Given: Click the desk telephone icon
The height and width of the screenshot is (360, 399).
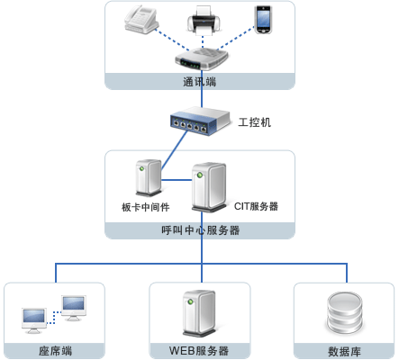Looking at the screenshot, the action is tap(141, 19).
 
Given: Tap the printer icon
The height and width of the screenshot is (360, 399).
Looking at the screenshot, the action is tap(204, 21).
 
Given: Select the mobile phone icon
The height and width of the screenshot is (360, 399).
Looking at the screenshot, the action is tap(263, 20).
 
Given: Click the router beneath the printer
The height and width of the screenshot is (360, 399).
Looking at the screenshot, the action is tap(202, 58).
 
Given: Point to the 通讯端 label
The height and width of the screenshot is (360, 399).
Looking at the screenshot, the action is tap(200, 82).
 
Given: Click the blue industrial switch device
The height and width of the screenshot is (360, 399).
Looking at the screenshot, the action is tap(199, 121).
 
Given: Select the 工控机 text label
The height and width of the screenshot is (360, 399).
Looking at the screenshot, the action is tap(255, 122).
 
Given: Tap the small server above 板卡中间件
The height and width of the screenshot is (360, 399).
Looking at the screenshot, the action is tap(149, 177).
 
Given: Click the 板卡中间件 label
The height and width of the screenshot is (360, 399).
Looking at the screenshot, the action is tap(146, 207).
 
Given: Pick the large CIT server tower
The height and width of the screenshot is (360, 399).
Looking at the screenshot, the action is tap(209, 187).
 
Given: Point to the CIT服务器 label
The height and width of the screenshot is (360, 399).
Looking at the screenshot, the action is tap(256, 206).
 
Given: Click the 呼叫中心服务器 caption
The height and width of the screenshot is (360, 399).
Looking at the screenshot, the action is tap(201, 230).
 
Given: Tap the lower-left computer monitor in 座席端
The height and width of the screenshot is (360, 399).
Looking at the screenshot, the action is tap(34, 320).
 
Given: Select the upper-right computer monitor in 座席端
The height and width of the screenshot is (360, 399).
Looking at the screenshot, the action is tap(74, 308).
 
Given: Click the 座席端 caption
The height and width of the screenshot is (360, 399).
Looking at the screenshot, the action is tap(56, 351).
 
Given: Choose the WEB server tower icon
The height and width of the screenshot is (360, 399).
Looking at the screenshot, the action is tap(199, 313).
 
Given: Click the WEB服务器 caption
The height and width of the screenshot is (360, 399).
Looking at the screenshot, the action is tap(199, 351).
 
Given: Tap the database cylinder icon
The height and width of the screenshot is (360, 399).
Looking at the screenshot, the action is tap(345, 313).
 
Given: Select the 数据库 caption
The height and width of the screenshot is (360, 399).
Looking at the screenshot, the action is tap(344, 351).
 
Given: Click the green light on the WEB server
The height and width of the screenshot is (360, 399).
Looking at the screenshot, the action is tap(190, 301).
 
